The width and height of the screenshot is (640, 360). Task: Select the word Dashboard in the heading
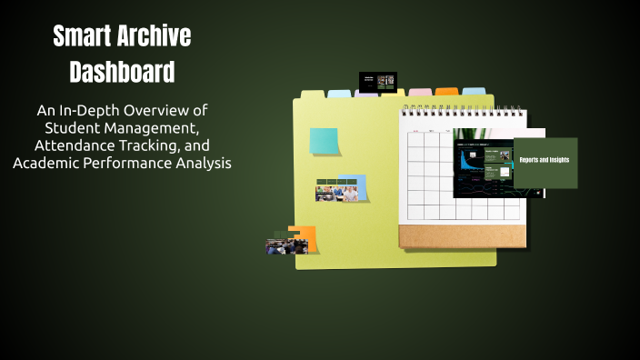click(122, 71)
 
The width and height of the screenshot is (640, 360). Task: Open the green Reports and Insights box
click(545, 162)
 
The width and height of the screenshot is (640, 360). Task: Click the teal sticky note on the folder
click(324, 141)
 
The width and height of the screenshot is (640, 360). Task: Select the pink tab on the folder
click(420, 92)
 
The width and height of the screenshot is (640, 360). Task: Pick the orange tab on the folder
click(446, 92)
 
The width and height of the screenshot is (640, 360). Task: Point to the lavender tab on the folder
click(366, 93)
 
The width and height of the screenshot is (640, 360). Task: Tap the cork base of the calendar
click(462, 236)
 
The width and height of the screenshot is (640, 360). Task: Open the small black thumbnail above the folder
click(378, 81)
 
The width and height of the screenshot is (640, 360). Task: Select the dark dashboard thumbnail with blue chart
click(483, 169)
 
